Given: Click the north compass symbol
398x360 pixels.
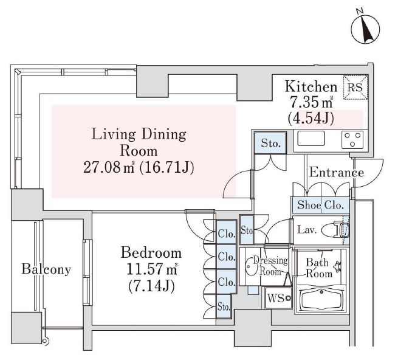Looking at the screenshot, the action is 365,29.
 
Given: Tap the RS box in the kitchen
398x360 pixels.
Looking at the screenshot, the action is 355,87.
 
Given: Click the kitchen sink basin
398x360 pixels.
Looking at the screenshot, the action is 311,139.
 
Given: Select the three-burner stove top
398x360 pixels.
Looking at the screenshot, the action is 352,139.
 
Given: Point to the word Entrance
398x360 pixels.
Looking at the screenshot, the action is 336,173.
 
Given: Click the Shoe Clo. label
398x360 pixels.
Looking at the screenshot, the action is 320,205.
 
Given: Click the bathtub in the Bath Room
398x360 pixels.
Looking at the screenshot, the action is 322,300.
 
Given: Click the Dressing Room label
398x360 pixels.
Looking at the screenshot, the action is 270,266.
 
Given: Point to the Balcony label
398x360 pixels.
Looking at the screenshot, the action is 46,269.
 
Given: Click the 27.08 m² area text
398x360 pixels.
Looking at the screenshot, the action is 109,167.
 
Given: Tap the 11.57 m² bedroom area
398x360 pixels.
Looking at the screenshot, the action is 151,269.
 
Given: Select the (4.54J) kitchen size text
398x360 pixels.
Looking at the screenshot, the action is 311,118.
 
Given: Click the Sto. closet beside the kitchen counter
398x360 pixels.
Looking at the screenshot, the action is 270,143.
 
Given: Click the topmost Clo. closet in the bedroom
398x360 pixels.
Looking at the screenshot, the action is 227,233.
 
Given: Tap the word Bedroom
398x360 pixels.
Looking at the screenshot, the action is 151,252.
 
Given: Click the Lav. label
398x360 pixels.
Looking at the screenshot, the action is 307,230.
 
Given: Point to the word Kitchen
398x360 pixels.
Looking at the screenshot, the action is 311,86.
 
